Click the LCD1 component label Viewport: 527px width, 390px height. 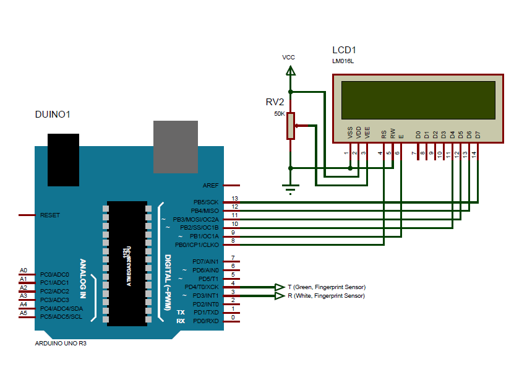[344, 50]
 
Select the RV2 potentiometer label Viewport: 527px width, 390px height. [275, 102]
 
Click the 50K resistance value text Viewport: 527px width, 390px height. [279, 115]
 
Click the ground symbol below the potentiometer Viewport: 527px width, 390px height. [289, 188]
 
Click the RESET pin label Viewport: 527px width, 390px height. [50, 215]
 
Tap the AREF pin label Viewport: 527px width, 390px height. [210, 185]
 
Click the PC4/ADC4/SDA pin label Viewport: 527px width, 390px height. [61, 308]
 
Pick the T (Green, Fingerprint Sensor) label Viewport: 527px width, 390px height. [327, 287]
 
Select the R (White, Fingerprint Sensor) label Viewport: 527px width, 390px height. [327, 296]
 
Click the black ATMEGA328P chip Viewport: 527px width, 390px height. [127, 263]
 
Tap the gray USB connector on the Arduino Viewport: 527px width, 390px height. [176, 146]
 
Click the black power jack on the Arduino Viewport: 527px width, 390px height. [63, 159]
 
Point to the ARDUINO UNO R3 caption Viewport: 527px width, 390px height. [61, 343]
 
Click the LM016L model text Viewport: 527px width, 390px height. [343, 61]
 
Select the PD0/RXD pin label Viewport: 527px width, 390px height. [206, 321]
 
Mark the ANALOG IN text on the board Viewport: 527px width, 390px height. [83, 280]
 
